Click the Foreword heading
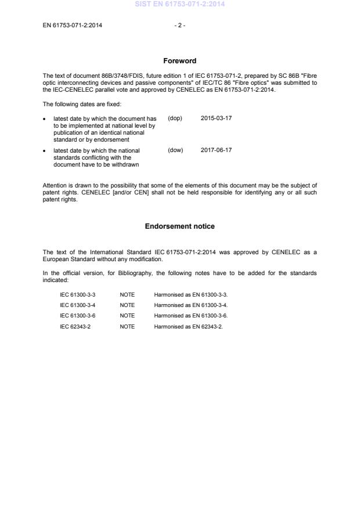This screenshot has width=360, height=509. click(179, 61)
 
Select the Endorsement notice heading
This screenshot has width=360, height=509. click(179, 226)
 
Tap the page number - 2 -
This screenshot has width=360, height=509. click(179, 25)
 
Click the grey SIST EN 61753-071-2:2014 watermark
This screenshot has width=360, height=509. click(179, 4)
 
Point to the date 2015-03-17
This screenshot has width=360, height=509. click(217, 118)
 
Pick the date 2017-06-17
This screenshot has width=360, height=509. click(217, 150)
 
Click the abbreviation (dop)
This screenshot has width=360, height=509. click(175, 118)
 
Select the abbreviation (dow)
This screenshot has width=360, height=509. click(175, 150)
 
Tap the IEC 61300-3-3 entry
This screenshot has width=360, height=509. click(78, 295)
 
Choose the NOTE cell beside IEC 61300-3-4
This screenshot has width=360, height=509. click(127, 305)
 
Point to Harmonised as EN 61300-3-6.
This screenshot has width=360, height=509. click(190, 316)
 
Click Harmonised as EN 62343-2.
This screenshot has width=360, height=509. click(188, 327)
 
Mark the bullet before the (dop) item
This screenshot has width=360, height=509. click(45, 119)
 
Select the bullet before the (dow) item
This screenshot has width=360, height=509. click(45, 151)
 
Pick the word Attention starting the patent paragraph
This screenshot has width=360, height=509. click(55, 185)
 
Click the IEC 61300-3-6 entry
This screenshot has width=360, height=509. click(78, 316)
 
